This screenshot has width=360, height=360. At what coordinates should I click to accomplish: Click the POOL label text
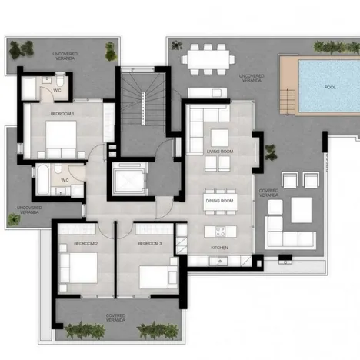pyautogui.click(x=330, y=87)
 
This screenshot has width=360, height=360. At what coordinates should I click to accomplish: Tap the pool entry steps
pyautogui.click(x=288, y=99)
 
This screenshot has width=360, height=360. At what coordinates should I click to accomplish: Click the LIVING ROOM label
pyautogui.click(x=219, y=152)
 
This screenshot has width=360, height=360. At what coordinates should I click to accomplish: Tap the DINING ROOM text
pyautogui.click(x=219, y=200)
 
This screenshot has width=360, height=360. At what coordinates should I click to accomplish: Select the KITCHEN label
pyautogui.click(x=219, y=248)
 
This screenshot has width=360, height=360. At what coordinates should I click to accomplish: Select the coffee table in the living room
pyautogui.click(x=220, y=137)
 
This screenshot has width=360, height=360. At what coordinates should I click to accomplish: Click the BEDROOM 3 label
pyautogui.click(x=150, y=243)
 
